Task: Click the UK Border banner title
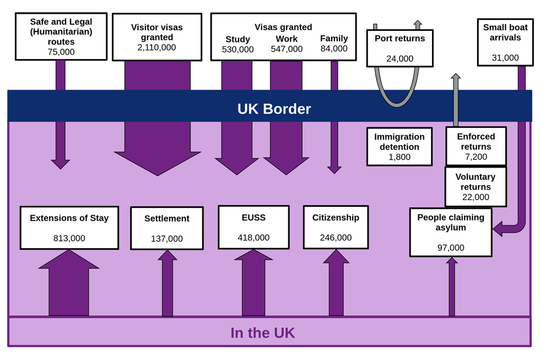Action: pos(274,109)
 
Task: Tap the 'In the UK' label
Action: pos(262,333)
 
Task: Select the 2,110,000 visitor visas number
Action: pos(157,47)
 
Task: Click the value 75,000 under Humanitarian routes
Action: pos(61,52)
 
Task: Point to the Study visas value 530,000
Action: pos(237,49)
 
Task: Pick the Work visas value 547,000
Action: pos(287,49)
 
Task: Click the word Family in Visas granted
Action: pos(334,39)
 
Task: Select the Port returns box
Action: pos(400,48)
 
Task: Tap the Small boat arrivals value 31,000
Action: pos(505,57)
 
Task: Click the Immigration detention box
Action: pos(399,147)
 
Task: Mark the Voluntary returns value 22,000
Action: pos(475,197)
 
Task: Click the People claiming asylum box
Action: pos(450,232)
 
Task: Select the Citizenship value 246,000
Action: pos(336,238)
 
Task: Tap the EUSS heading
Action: pos(253,218)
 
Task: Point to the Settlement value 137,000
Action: pos(166,239)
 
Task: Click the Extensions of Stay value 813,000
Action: pos(69,239)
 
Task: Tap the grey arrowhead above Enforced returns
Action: pos(456,78)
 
